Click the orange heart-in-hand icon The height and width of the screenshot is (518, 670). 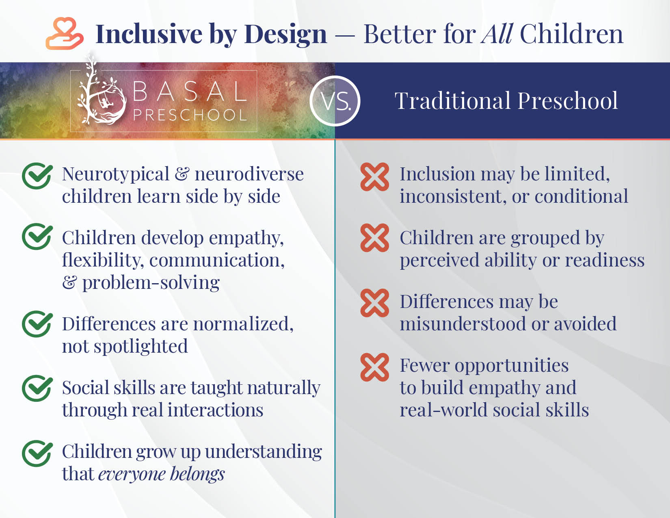click(x=65, y=33)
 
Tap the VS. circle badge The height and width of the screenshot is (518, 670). click(x=335, y=101)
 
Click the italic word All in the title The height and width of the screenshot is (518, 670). click(x=497, y=34)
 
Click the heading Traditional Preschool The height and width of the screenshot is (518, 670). click(x=506, y=101)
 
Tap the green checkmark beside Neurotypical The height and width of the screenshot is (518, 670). click(x=37, y=176)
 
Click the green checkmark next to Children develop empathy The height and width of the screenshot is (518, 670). click(x=37, y=236)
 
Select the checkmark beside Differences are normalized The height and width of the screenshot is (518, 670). click(x=37, y=324)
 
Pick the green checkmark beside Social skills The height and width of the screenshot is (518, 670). click(x=37, y=388)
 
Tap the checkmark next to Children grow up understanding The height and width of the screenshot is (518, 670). click(x=37, y=453)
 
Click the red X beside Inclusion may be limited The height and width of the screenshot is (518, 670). click(x=375, y=177)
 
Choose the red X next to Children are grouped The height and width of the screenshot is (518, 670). click(x=375, y=238)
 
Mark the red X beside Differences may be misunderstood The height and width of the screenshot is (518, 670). click(x=375, y=303)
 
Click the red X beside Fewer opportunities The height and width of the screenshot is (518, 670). click(x=375, y=367)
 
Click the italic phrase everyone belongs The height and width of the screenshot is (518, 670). click(x=161, y=474)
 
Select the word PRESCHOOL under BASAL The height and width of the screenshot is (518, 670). click(x=190, y=115)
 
